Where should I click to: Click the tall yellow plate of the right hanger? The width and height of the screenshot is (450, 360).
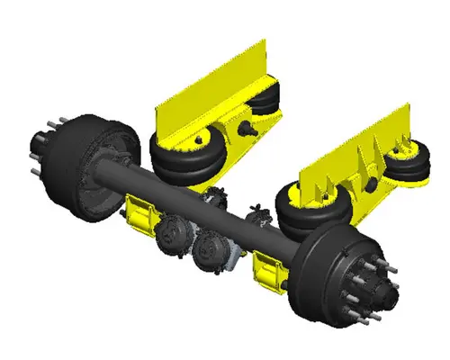[351, 153]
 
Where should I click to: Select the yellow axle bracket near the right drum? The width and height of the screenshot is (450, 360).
[269, 270]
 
